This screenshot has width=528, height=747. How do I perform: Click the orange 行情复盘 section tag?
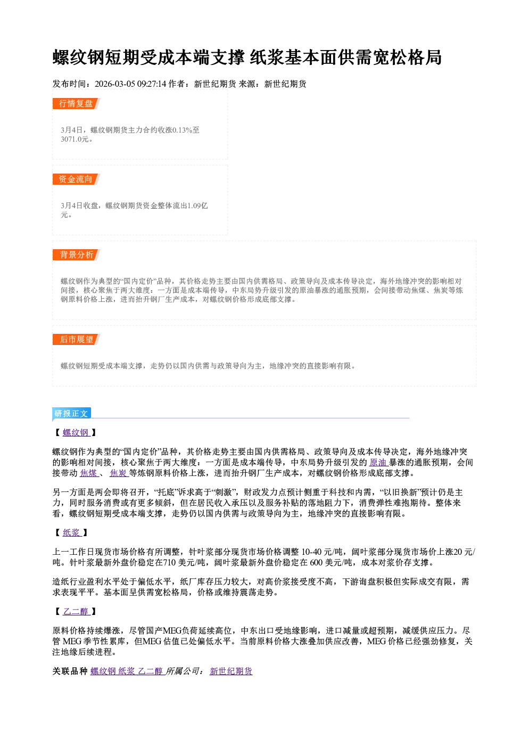pyautogui.click(x=76, y=104)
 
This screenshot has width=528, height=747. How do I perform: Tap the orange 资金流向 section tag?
pyautogui.click(x=76, y=179)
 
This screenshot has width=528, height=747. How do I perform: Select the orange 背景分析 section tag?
pyautogui.click(x=76, y=255)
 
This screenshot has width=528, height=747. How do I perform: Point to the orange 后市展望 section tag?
pyautogui.click(x=76, y=340)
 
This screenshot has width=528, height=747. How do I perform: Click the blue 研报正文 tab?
pyautogui.click(x=71, y=414)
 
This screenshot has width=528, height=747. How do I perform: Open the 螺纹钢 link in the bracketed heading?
pyautogui.click(x=76, y=433)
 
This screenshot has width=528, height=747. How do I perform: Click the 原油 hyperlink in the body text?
pyautogui.click(x=378, y=463)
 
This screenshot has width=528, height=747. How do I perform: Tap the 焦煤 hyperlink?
pyautogui.click(x=89, y=473)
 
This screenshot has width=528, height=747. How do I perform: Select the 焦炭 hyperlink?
pyautogui.click(x=119, y=473)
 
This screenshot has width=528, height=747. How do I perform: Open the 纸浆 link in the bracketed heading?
pyautogui.click(x=72, y=533)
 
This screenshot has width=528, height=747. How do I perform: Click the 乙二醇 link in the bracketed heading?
pyautogui.click(x=76, y=612)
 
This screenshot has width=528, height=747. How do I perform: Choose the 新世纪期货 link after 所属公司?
pyautogui.click(x=231, y=671)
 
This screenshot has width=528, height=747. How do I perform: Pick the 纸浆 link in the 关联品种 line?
pyautogui.click(x=126, y=671)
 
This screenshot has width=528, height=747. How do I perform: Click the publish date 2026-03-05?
pyautogui.click(x=114, y=84)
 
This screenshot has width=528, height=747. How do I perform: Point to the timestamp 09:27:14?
pyautogui.click(x=152, y=84)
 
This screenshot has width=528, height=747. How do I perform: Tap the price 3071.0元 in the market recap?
pyautogui.click(x=75, y=139)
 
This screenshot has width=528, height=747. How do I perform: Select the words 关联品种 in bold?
pyautogui.click(x=70, y=671)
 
